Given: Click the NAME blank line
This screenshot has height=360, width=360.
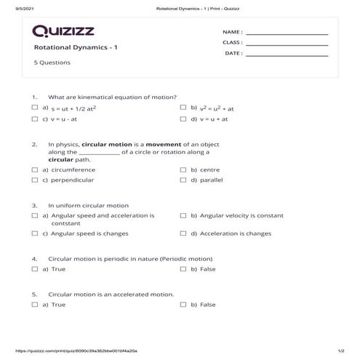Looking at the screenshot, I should coord(287,33).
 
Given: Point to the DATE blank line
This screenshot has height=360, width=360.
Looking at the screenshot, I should coord(287,54).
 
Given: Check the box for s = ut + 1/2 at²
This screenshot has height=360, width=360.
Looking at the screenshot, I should coord(35,108).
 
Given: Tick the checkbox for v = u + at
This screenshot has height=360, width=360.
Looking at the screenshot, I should coord(183,119).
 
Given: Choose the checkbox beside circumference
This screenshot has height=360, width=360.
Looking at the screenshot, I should coord(35,169).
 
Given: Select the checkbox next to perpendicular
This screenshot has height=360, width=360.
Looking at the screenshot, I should coord(35,180).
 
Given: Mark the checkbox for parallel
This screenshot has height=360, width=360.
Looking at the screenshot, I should coord(183,180).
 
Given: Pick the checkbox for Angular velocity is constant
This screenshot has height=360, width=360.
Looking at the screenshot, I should coord(183,216).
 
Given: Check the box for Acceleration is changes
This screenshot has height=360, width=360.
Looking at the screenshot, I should coord(183,234).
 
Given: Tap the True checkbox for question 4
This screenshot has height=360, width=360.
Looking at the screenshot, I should coord(35,269).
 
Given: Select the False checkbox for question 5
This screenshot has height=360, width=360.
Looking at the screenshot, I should coord(183,305).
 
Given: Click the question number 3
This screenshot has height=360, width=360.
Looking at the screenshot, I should coord(34,206).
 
